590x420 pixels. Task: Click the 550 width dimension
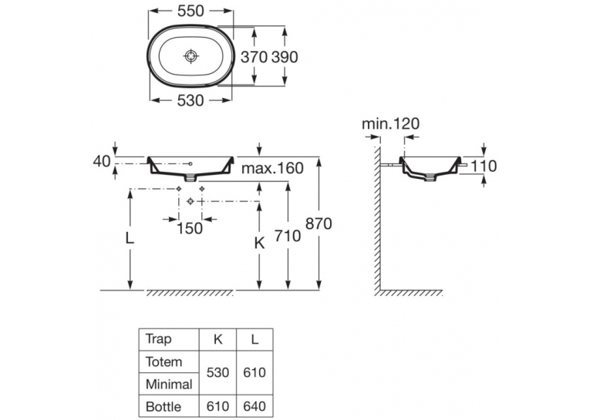[x=190, y=12]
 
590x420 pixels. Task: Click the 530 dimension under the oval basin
[x=190, y=100]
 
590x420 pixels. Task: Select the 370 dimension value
[x=254, y=57]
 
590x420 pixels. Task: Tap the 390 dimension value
[x=285, y=57]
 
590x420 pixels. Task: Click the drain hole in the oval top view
[x=191, y=56]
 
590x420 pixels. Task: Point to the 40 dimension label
[x=102, y=162]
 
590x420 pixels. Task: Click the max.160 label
[x=272, y=169]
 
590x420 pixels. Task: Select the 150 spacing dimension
[x=190, y=228]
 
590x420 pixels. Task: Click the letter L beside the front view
[x=130, y=237]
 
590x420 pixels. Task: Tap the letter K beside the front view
[x=260, y=244]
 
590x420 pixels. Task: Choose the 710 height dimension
[x=288, y=236]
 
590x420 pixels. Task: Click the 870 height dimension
[x=319, y=223]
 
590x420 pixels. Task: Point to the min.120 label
[x=390, y=124]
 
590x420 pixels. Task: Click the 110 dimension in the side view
[x=484, y=166]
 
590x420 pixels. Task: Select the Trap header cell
[x=158, y=340]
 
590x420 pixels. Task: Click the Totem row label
[x=164, y=362]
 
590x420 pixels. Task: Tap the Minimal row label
[x=169, y=385]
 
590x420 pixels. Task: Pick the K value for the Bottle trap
[x=217, y=406]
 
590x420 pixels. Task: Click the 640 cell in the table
[x=255, y=406]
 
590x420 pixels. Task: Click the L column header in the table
[x=255, y=340]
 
